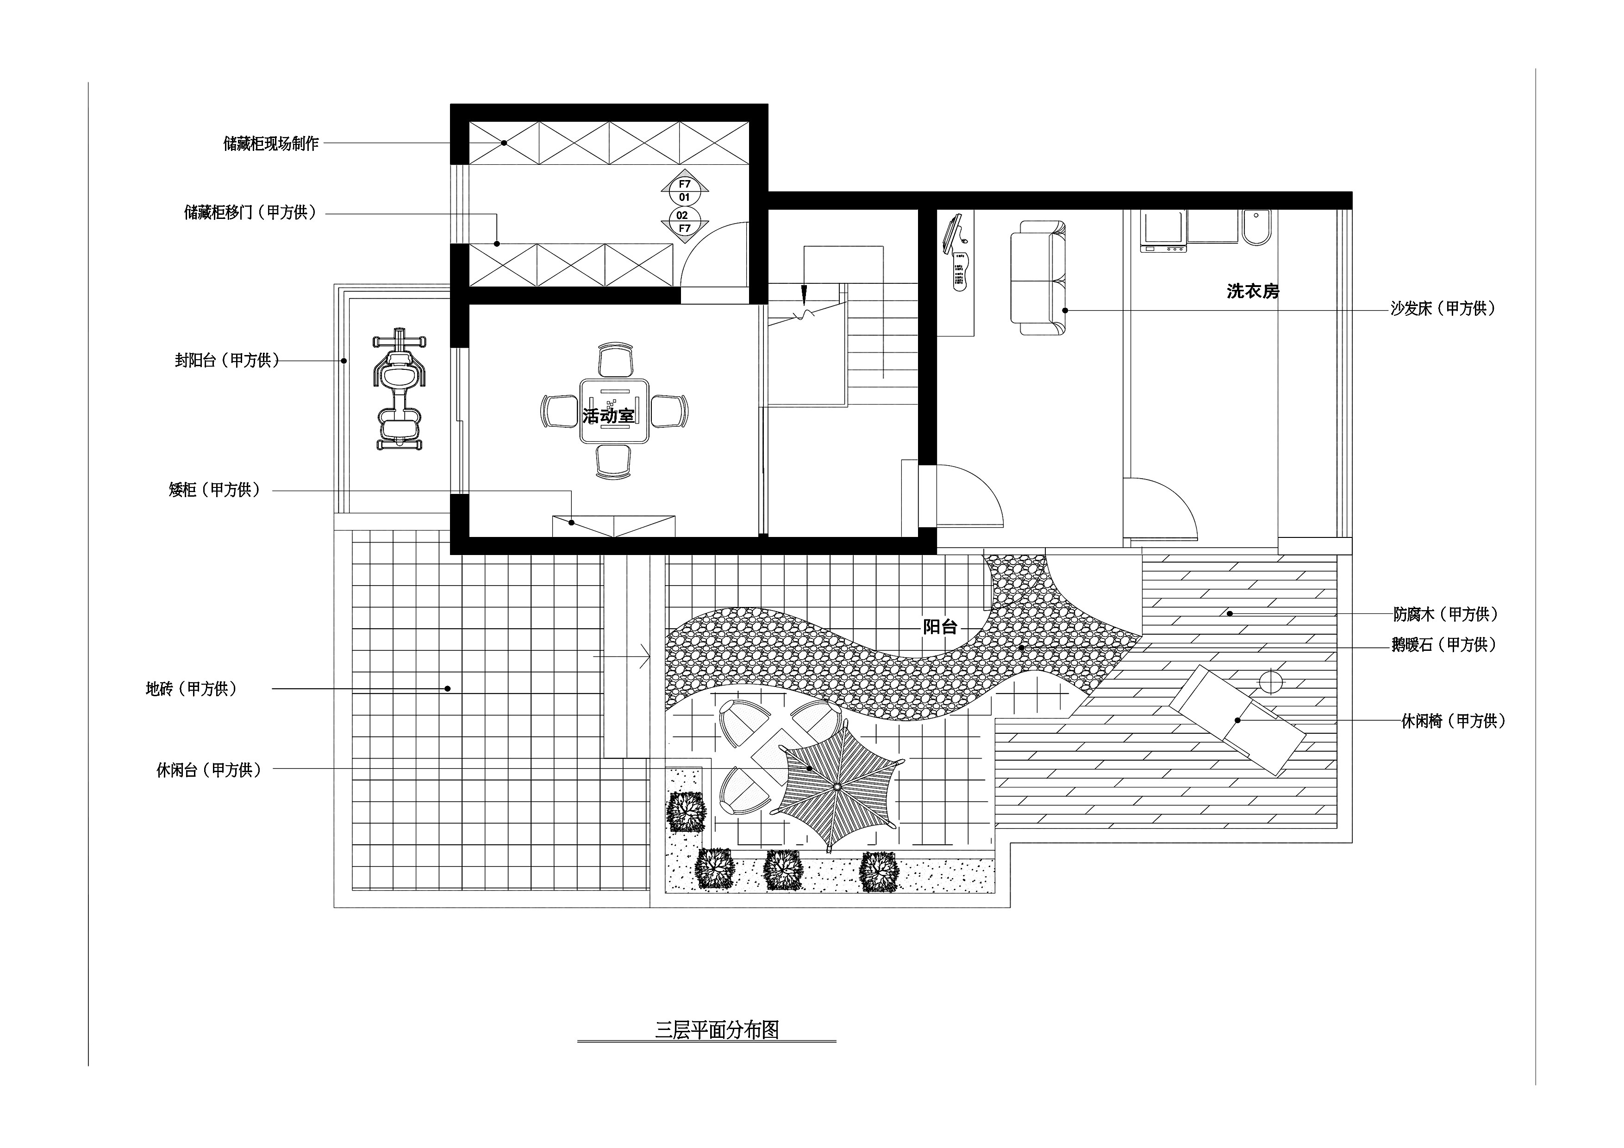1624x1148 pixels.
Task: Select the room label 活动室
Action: pyautogui.click(x=608, y=415)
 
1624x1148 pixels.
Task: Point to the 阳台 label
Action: pyautogui.click(x=940, y=627)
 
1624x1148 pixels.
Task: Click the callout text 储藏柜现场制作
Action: pyautogui.click(x=271, y=143)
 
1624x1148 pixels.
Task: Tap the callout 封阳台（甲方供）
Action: pyautogui.click(x=227, y=360)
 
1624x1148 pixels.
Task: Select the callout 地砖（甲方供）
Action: pyautogui.click(x=191, y=688)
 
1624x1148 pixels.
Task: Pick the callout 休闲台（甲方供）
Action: pyautogui.click(x=209, y=770)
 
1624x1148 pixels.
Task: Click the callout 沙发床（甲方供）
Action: pyautogui.click(x=1443, y=308)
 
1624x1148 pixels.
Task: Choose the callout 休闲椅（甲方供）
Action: pyautogui.click(x=1454, y=721)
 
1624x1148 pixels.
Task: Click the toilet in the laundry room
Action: pyautogui.click(x=1256, y=227)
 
